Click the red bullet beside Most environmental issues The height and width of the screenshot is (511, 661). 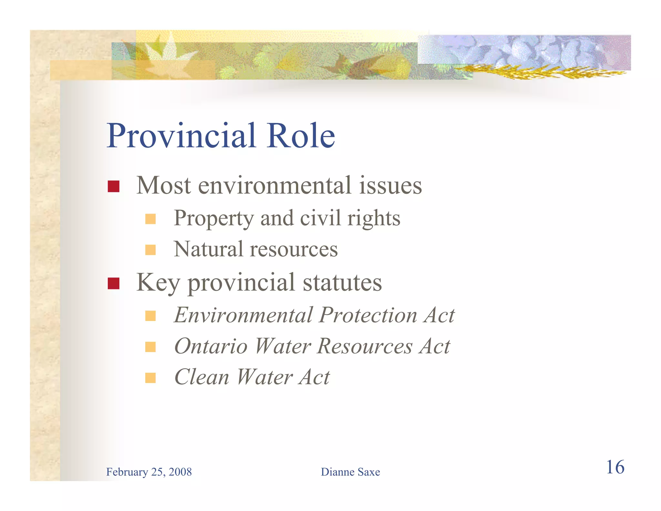click(x=114, y=186)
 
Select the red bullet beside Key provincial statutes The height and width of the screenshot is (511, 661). click(x=114, y=283)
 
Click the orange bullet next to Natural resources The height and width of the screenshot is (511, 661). click(x=150, y=250)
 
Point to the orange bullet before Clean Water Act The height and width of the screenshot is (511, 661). click(x=150, y=378)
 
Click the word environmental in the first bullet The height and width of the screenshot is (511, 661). click(x=274, y=186)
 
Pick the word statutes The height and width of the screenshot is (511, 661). click(x=342, y=283)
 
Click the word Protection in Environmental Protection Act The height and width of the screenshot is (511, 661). click(x=368, y=315)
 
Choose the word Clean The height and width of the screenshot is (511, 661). click(x=202, y=377)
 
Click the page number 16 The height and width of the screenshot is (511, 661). click(x=615, y=467)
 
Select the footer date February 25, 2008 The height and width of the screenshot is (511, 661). click(x=149, y=472)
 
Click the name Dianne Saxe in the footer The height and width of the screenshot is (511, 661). click(x=350, y=472)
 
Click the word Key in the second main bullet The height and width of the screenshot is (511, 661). click(x=158, y=283)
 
